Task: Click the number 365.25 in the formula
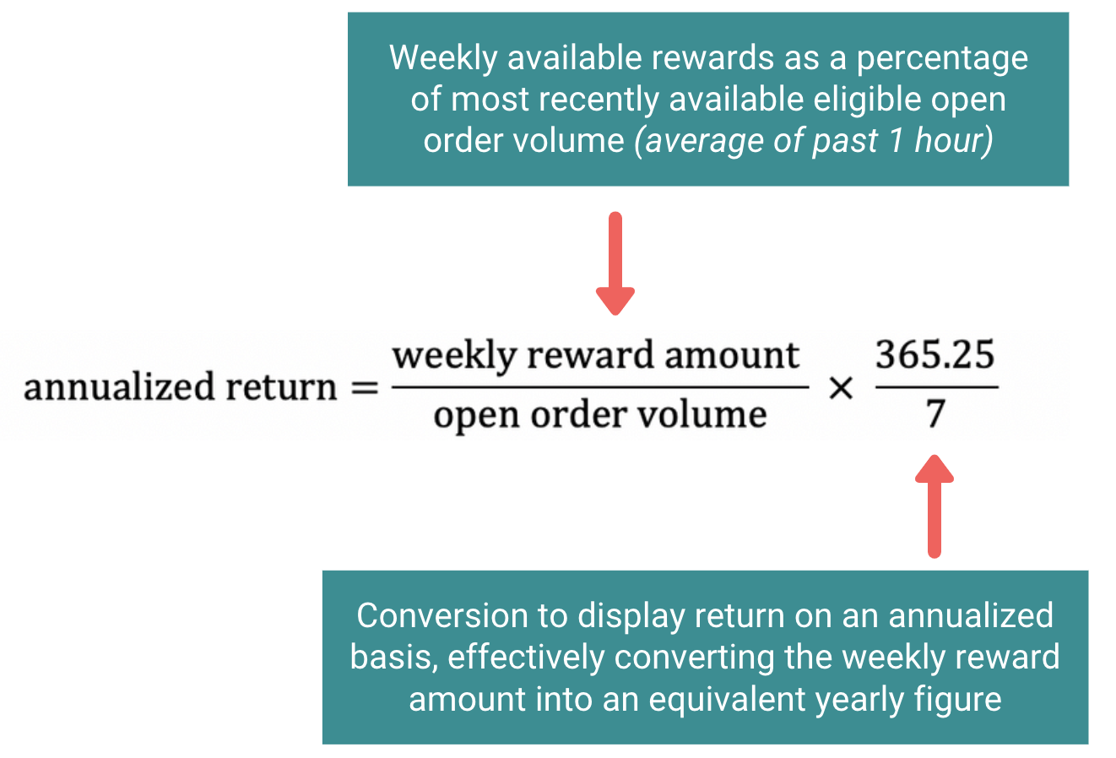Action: tap(935, 355)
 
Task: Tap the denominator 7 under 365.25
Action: tap(935, 414)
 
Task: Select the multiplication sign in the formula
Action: tap(841, 388)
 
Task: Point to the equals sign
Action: tap(364, 388)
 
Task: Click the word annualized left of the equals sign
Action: tap(119, 387)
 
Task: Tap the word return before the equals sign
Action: tap(282, 387)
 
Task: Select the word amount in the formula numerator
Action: tap(730, 355)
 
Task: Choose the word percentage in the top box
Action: tap(942, 58)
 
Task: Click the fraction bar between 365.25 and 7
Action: tap(936, 387)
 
